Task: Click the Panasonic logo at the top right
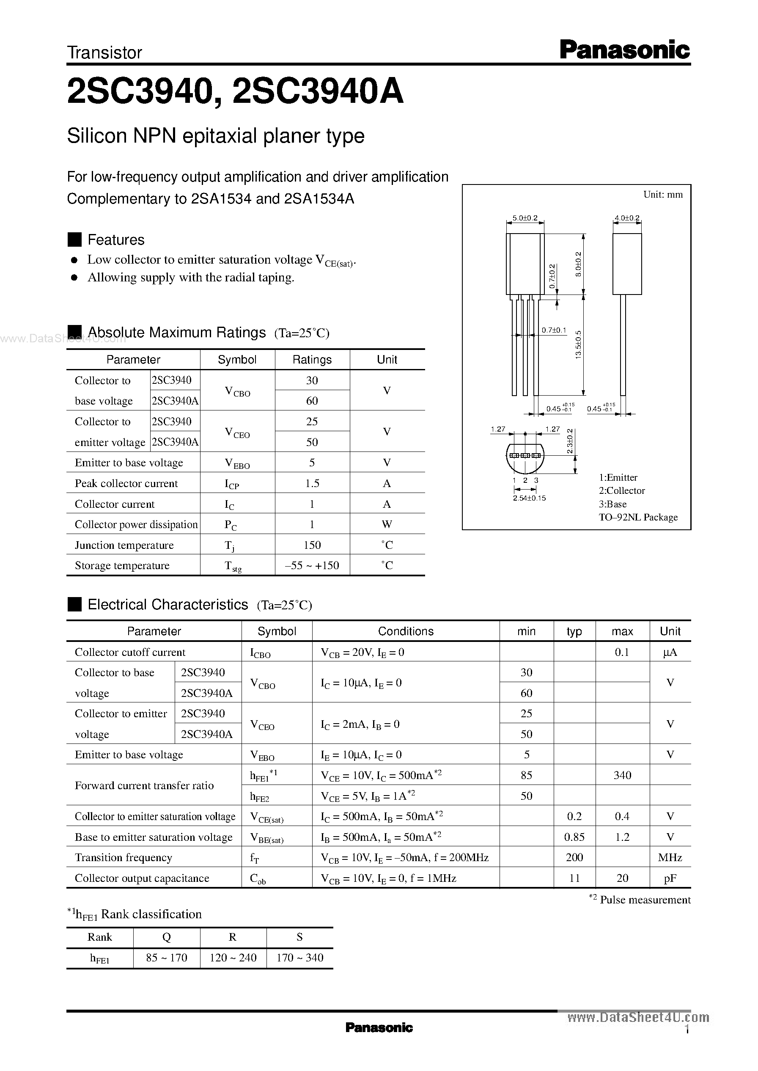(624, 50)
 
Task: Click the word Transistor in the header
(104, 53)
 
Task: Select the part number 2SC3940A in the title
(317, 92)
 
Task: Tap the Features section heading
(116, 240)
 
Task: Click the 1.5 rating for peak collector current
(312, 483)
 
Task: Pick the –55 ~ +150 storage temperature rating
(312, 565)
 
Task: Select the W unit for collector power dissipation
(387, 524)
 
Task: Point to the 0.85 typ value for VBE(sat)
(574, 837)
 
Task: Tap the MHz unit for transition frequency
(670, 858)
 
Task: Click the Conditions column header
(406, 631)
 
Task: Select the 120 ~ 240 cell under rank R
(233, 958)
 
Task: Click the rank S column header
(299, 937)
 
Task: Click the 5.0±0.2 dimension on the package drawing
(525, 218)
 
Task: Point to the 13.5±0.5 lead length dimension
(578, 344)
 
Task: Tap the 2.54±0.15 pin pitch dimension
(529, 498)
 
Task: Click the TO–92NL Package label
(638, 517)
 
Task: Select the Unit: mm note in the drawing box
(662, 195)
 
